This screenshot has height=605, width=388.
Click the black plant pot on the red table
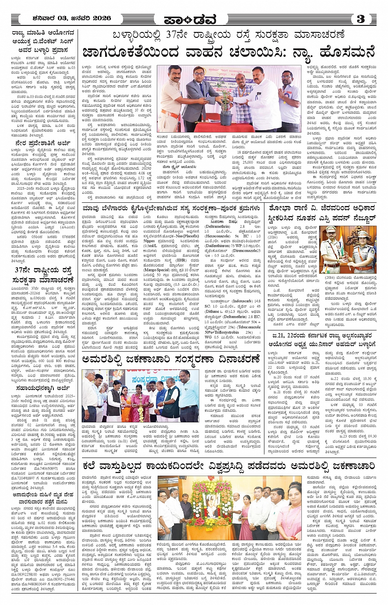(x=225, y=118)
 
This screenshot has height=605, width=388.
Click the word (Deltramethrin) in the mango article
(x=218, y=226)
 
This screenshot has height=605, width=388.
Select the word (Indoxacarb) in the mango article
(x=240, y=301)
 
